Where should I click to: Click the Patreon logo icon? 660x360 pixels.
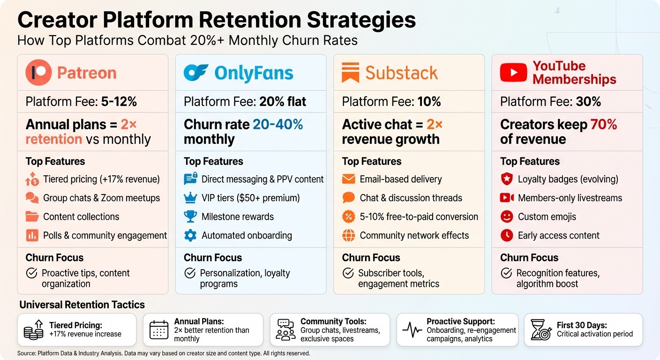pyautogui.click(x=38, y=73)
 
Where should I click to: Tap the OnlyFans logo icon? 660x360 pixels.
pyautogui.click(x=196, y=73)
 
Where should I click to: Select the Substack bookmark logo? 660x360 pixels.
pyautogui.click(x=350, y=73)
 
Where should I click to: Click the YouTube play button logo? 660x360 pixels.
pyautogui.click(x=513, y=73)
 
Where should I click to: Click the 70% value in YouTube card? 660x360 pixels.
pyautogui.click(x=604, y=124)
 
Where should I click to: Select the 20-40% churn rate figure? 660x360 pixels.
pyautogui.click(x=278, y=124)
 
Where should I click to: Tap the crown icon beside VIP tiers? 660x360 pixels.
pyautogui.click(x=190, y=198)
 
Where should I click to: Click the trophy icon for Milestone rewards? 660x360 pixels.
pyautogui.click(x=190, y=217)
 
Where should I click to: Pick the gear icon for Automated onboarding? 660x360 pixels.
pyautogui.click(x=190, y=235)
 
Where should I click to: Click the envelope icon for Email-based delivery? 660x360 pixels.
pyautogui.click(x=349, y=179)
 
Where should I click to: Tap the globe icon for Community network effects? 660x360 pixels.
pyautogui.click(x=349, y=235)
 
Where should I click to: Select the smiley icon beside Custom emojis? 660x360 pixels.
pyautogui.click(x=507, y=217)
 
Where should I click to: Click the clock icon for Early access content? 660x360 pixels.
pyautogui.click(x=507, y=235)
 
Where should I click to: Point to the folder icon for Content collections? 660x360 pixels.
pyautogui.click(x=32, y=217)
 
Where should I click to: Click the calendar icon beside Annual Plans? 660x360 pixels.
pyautogui.click(x=158, y=330)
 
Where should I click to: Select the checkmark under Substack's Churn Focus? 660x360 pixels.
pyautogui.click(x=348, y=273)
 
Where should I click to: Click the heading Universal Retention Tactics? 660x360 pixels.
pyautogui.click(x=82, y=305)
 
